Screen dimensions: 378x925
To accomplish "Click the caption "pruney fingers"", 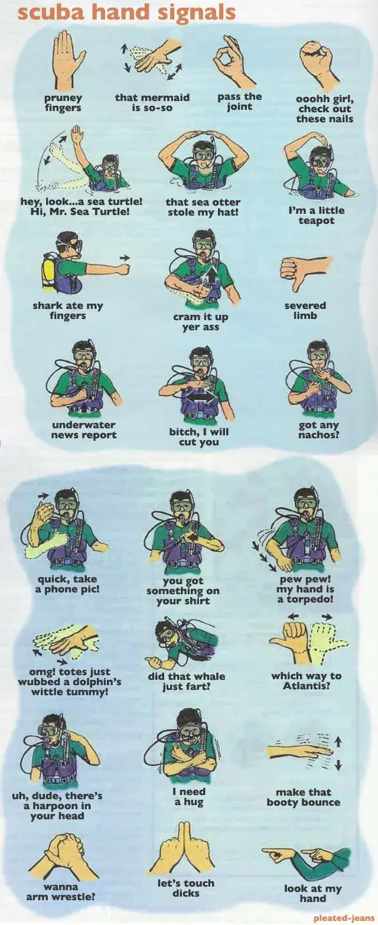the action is pyautogui.click(x=63, y=103).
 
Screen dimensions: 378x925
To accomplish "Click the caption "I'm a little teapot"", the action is pyautogui.click(x=316, y=215).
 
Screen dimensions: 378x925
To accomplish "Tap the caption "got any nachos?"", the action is pyautogui.click(x=318, y=430).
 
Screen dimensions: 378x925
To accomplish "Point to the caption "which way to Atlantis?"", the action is pyautogui.click(x=306, y=681).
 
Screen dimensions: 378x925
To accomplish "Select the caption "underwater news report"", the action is pyautogui.click(x=84, y=430).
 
